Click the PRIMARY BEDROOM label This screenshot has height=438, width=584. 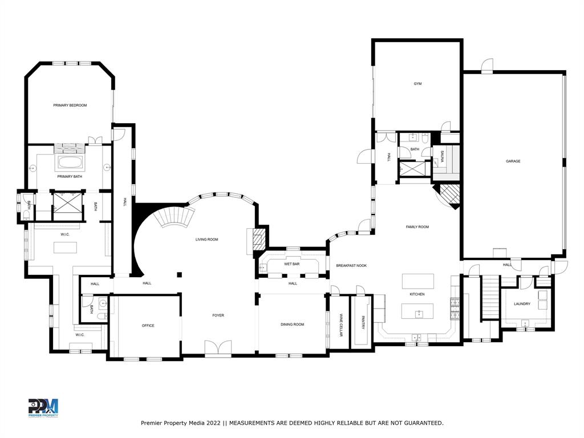(x=70, y=106)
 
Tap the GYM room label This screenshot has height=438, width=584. (x=417, y=84)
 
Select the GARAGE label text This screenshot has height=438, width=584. (x=513, y=161)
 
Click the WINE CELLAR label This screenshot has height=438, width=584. (x=341, y=325)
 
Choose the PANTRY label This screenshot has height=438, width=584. (x=362, y=323)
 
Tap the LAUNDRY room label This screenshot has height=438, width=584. (x=522, y=304)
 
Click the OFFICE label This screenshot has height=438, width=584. (x=148, y=326)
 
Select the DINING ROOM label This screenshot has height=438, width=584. (x=292, y=325)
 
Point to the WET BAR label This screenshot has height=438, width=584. (x=291, y=264)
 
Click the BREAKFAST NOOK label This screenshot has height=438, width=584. (x=351, y=266)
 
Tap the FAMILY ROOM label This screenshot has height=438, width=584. (x=417, y=227)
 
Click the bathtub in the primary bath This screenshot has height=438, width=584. (x=70, y=164)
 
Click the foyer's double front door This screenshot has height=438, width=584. (x=218, y=348)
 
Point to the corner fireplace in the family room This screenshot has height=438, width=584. (x=449, y=196)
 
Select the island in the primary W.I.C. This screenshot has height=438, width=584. (x=66, y=248)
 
